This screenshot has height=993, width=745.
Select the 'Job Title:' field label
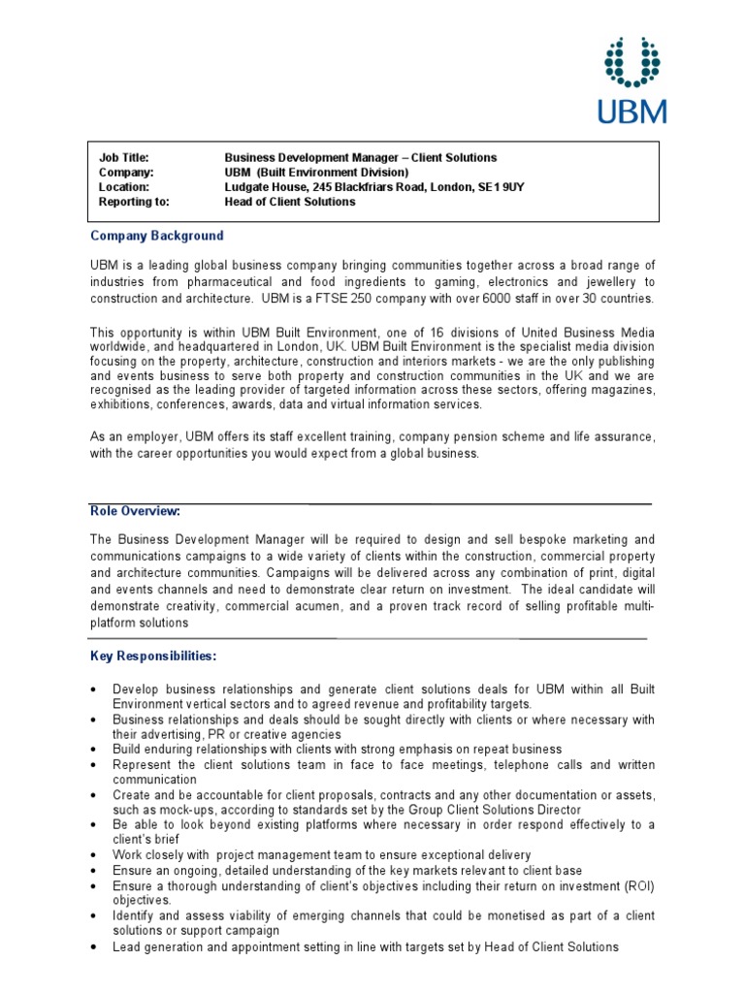(x=123, y=157)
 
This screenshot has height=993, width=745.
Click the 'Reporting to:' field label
(x=134, y=202)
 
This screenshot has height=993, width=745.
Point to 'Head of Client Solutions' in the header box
(x=290, y=202)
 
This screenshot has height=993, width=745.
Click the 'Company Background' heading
(x=157, y=236)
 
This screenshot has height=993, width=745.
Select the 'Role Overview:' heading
(x=136, y=511)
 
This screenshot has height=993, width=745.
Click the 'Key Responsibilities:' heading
(x=154, y=657)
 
